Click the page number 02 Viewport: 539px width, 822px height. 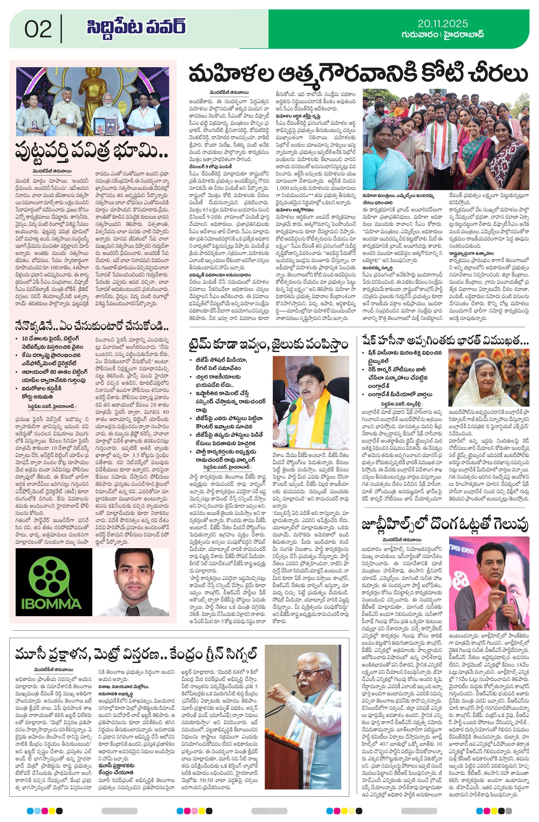click(38, 29)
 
